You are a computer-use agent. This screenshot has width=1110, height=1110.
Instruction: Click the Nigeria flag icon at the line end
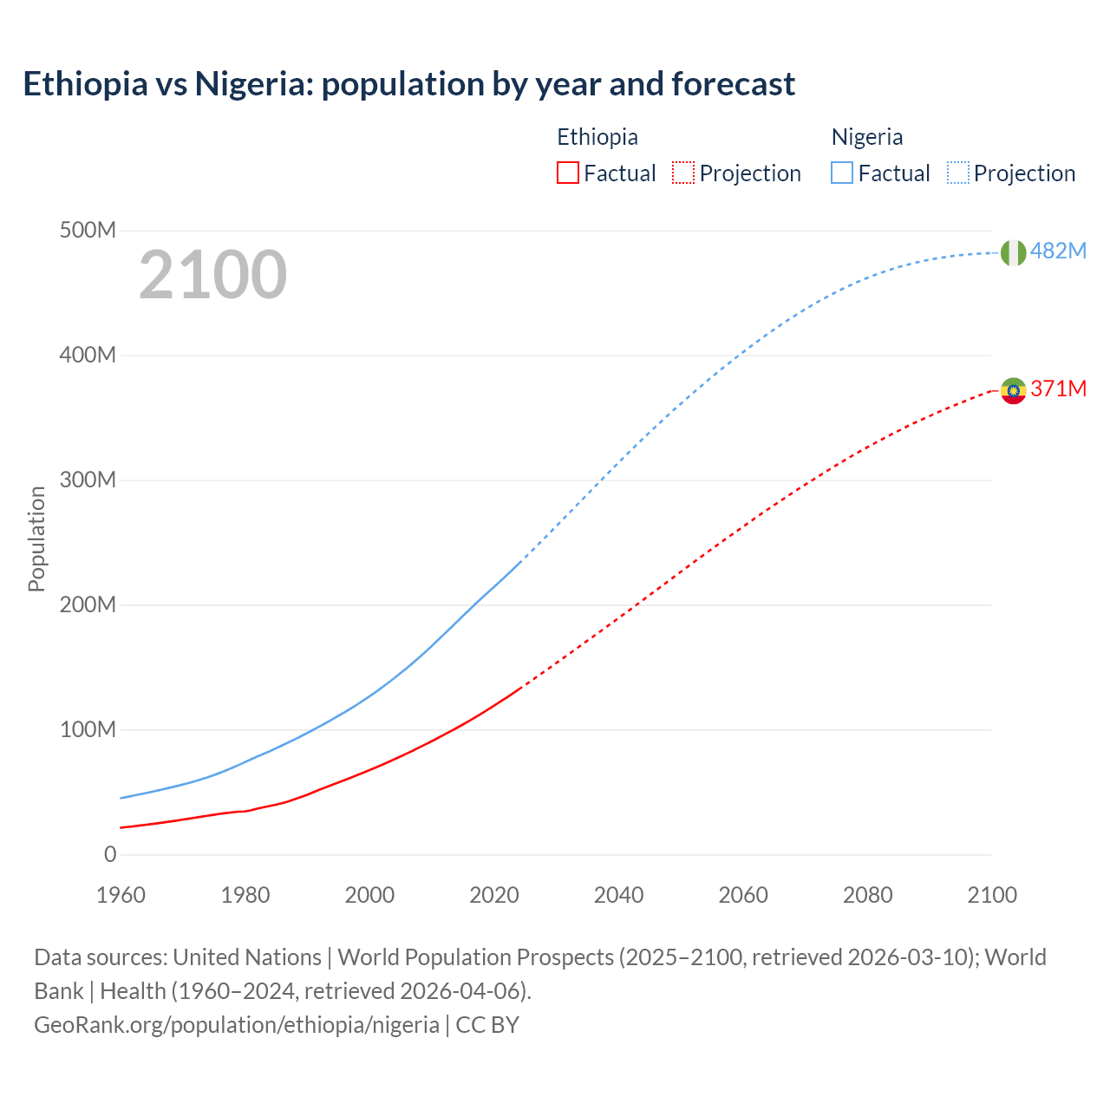coord(1013,252)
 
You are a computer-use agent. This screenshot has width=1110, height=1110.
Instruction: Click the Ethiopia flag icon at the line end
coord(1013,390)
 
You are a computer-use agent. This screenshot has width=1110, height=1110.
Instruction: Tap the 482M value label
coord(1058,251)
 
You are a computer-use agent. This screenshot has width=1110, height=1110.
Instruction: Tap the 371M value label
coord(1058,388)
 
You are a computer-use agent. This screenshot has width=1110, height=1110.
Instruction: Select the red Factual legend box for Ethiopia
coord(567,173)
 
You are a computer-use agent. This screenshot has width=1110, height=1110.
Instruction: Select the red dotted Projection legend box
coord(683,173)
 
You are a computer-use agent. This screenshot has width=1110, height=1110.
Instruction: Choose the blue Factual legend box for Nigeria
coord(841,173)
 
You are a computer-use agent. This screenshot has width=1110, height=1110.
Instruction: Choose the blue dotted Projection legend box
coord(957,173)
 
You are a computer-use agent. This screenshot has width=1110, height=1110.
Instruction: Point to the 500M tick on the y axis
coord(88,231)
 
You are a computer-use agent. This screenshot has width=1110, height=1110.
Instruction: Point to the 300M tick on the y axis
coord(88,480)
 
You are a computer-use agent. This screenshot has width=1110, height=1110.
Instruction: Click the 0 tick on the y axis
coord(110,854)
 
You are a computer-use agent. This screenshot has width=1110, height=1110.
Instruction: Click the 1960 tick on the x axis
coord(121,895)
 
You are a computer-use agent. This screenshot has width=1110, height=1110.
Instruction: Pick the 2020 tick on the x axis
coord(494,895)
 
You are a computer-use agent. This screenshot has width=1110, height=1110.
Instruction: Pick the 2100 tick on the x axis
coord(992,895)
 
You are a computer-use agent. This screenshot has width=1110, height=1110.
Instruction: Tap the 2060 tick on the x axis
coord(743,895)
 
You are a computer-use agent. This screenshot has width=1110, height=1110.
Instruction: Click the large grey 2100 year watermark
coord(212,275)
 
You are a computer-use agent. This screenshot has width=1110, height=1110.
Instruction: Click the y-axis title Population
coord(36,539)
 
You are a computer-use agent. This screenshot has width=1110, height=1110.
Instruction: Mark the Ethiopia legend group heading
coord(597,137)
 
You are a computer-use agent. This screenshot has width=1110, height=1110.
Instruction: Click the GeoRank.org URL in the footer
coord(236,1024)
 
